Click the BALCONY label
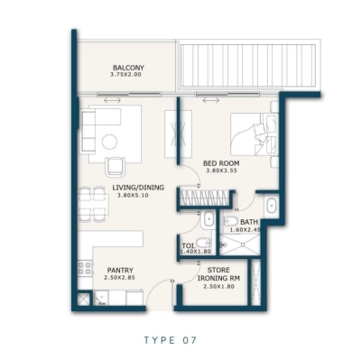point(129,68)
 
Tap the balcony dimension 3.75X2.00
point(129,76)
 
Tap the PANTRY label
point(121,269)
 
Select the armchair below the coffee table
point(116,166)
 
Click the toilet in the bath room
point(230,222)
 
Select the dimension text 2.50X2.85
point(121,278)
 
